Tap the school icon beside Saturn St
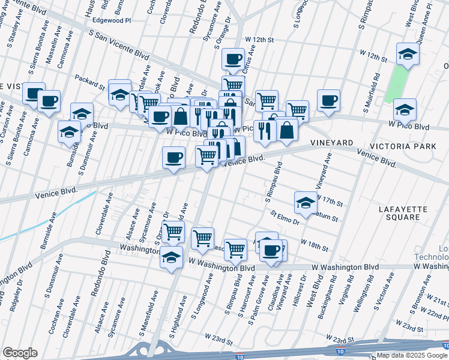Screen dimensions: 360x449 click(x=306, y=203)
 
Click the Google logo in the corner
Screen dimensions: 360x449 click(x=20, y=353)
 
